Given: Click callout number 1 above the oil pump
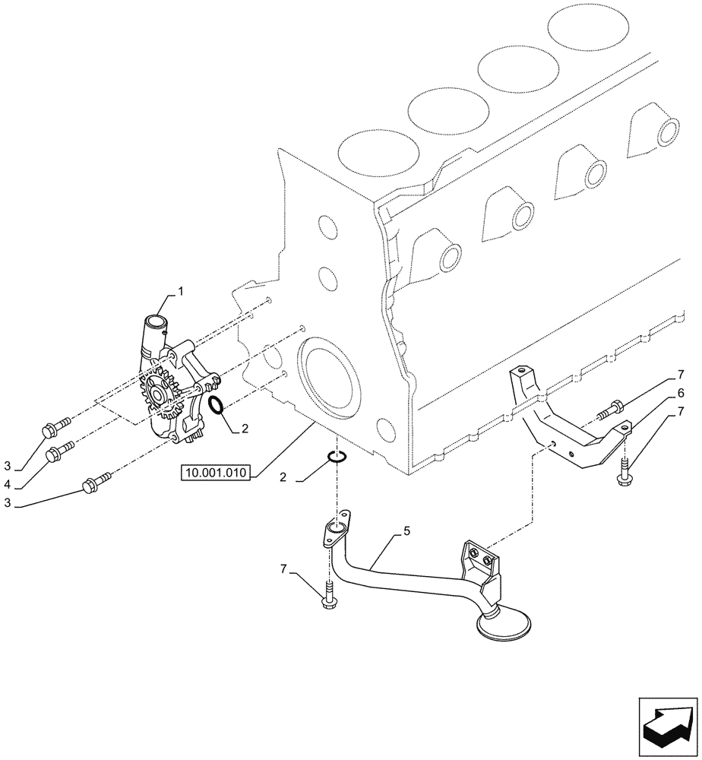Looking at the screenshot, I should point(181,290).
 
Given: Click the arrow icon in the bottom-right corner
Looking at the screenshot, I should point(667,727).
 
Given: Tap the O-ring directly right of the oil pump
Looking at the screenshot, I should point(215,407).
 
